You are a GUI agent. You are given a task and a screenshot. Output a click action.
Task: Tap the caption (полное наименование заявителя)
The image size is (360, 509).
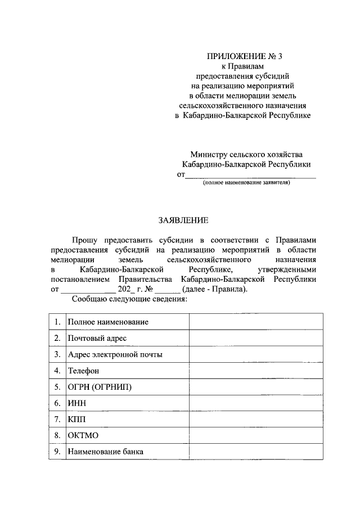246,183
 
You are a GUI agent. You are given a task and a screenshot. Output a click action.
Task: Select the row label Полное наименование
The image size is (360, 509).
108,322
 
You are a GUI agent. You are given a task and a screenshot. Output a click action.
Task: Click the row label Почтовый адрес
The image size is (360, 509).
97,338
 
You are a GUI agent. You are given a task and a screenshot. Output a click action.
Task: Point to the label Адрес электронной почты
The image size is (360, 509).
115,354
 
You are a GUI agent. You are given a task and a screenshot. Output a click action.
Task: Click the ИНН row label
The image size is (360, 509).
77,403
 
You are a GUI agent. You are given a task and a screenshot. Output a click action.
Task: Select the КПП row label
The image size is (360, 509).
77,420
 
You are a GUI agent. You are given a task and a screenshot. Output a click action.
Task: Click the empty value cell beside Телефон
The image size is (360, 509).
256,371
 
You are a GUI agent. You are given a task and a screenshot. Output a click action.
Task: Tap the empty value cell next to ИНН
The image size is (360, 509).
256,403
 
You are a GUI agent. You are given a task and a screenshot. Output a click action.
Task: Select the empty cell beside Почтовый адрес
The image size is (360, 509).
256,338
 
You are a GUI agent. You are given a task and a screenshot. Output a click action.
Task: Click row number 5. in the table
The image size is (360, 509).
57,387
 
